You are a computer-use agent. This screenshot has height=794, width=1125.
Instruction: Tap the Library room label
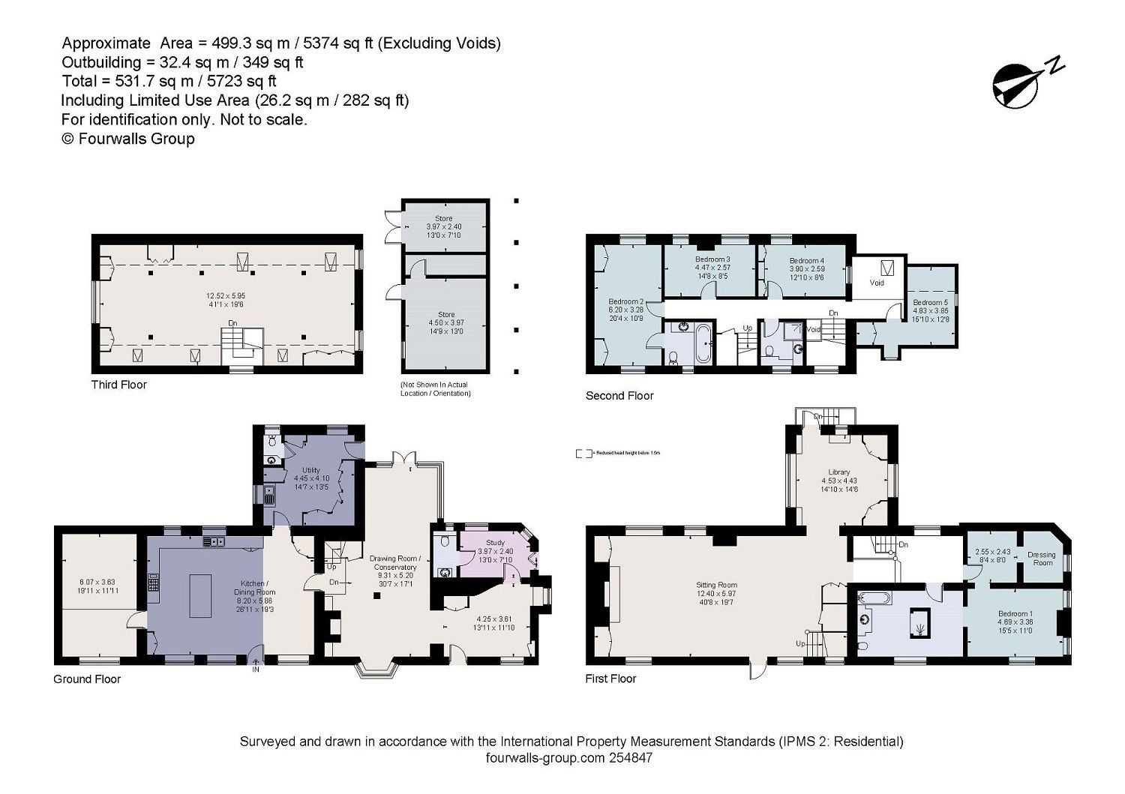[838, 472]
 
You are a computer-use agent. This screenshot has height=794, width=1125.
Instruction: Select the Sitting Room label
[716, 585]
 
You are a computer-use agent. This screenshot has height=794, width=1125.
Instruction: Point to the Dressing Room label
[1042, 559]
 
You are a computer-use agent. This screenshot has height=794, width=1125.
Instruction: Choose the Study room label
[495, 542]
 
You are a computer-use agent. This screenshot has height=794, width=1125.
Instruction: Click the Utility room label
[310, 470]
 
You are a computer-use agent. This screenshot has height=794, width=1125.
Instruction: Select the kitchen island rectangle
[199, 595]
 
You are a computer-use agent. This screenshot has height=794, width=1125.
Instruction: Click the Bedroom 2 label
[626, 301]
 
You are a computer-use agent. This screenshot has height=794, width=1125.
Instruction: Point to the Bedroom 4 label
[806, 260]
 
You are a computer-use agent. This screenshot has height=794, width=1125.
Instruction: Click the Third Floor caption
[118, 385]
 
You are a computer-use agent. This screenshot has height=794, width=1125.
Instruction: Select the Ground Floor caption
[86, 679]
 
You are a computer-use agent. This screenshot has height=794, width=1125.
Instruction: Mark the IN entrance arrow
[256, 664]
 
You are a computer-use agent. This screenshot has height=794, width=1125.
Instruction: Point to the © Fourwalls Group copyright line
[127, 139]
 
